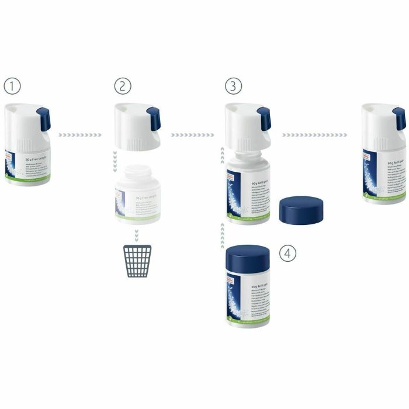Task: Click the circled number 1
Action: pyautogui.click(x=12, y=86)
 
